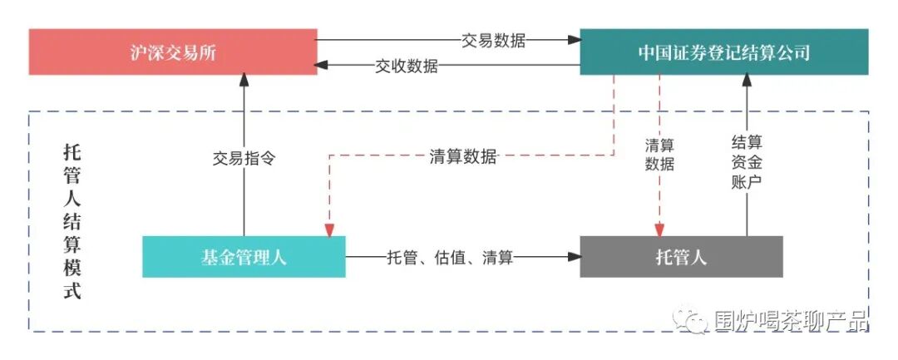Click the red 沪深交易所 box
pos(173,52)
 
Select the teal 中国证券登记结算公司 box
pos(723,52)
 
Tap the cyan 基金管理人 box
pos(244,257)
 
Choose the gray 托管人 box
pos(681,257)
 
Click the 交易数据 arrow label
pos(494,39)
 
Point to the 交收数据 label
pos(406,67)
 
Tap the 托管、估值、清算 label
pos(449,258)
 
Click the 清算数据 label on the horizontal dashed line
pos(463,155)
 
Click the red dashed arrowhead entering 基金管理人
pos(330,229)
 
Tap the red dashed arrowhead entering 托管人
pos(659,229)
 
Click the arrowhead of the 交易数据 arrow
pos(573,39)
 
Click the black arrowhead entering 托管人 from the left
pos(573,258)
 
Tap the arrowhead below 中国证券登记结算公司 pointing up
pos(746,81)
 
